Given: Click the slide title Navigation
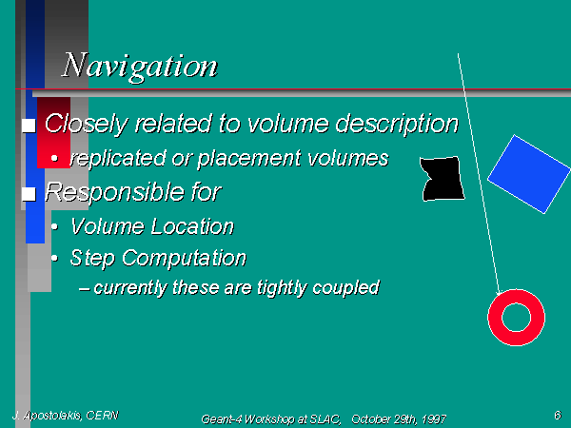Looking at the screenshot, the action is pyautogui.click(x=140, y=67).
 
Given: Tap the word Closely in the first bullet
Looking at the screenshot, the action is pyautogui.click(x=87, y=124).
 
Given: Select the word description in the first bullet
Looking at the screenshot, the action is pyautogui.click(x=397, y=124).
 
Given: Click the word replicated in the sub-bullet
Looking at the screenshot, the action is pyautogui.click(x=118, y=159).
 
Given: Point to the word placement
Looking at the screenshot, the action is pyautogui.click(x=249, y=159).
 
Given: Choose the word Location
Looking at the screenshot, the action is pyautogui.click(x=192, y=226).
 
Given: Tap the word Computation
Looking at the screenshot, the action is pyautogui.click(x=184, y=259).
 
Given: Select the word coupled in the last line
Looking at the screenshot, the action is pyautogui.click(x=345, y=288).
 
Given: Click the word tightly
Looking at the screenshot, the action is pyautogui.click(x=283, y=288).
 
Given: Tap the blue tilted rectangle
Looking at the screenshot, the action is pyautogui.click(x=529, y=174).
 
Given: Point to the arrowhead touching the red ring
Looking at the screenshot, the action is pyautogui.click(x=499, y=293).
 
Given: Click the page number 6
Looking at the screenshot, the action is pyautogui.click(x=558, y=415).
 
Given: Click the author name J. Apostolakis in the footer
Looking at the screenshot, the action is pyautogui.click(x=47, y=416).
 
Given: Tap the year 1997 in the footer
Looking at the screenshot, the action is pyautogui.click(x=434, y=419).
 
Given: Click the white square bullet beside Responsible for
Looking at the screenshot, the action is pyautogui.click(x=29, y=194).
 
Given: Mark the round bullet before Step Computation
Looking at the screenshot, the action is pyautogui.click(x=54, y=259).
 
